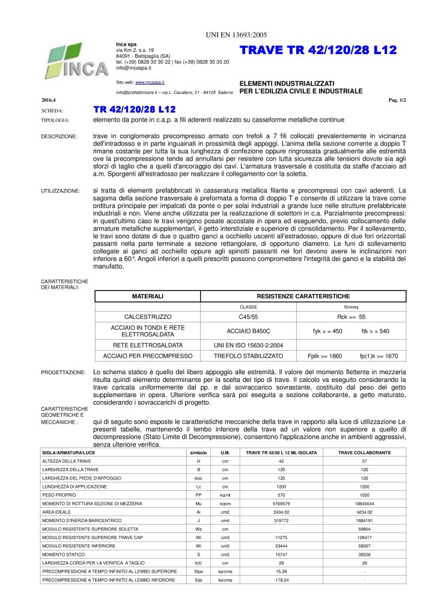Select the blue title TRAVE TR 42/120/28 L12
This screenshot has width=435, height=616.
coord(318,52)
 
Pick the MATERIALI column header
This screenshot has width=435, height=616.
coord(148,296)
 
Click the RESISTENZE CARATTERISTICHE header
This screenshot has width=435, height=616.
coord(303,296)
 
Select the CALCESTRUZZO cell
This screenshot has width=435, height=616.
coord(148,316)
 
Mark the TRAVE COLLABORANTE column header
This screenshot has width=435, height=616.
coord(364,452)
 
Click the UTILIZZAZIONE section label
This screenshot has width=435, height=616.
coord(60,191)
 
